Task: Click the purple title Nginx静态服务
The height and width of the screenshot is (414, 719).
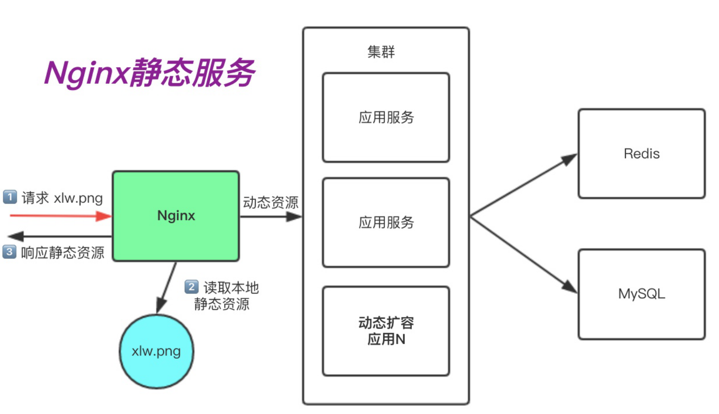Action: point(150,72)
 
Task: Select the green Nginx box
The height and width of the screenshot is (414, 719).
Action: point(176,216)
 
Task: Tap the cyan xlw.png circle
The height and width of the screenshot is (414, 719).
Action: point(156,351)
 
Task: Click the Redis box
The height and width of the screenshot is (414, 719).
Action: point(641,154)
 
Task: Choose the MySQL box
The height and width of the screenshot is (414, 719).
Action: point(641,294)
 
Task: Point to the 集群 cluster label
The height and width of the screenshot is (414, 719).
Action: point(381,52)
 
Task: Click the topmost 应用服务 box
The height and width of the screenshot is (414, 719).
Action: point(386,117)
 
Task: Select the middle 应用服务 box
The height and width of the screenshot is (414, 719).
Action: point(386,222)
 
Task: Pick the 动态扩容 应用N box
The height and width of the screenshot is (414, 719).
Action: point(386,331)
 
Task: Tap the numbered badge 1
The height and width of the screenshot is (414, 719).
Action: point(10,197)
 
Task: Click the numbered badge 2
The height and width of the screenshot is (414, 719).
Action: point(191,287)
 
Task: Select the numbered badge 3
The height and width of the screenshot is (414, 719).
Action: point(9,252)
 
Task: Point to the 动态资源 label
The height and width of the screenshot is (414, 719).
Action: point(271,203)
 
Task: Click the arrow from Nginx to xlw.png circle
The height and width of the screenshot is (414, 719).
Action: point(166,287)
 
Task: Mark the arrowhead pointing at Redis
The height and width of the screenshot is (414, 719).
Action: point(569,159)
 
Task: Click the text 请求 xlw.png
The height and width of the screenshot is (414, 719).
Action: point(62,198)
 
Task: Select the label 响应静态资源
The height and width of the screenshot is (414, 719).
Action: point(63,253)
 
